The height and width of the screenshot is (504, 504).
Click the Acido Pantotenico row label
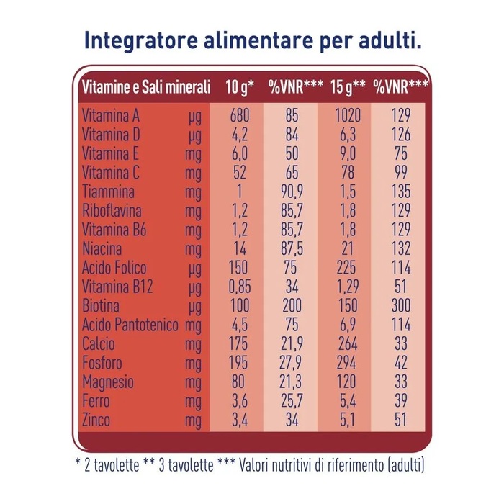tap(130, 325)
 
